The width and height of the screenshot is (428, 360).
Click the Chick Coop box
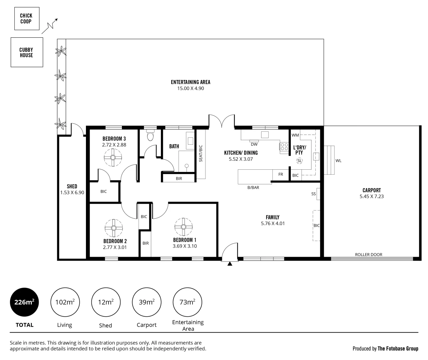27,18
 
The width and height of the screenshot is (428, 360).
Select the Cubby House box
27,52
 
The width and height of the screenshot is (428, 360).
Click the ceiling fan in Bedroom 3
113,158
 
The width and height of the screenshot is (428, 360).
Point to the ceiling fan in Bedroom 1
184,227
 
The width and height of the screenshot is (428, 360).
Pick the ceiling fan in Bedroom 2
114,228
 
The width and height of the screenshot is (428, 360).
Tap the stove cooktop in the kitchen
284,147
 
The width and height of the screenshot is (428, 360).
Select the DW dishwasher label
254,144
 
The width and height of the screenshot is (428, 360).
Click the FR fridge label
280,174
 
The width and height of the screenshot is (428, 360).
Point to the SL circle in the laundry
299,161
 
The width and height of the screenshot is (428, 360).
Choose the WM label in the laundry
295,135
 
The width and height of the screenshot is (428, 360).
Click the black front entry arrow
230,264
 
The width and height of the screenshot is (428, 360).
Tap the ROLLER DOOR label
368,255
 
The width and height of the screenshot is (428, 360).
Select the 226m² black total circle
24,302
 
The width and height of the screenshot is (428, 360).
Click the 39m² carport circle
147,302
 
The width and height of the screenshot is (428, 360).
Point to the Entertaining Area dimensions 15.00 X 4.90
191,88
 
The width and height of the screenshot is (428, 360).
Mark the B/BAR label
253,188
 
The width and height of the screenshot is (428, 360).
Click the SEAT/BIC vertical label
201,154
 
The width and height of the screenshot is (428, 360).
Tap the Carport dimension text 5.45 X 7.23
371,196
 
